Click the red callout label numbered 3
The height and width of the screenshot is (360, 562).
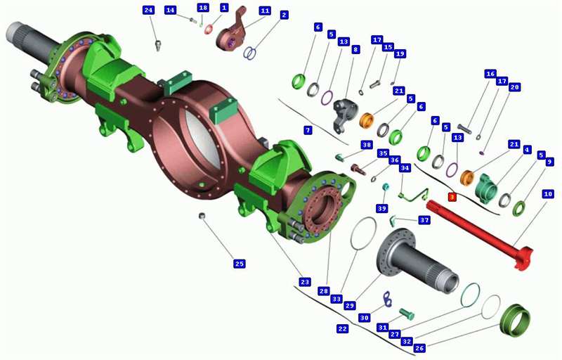point(452,197)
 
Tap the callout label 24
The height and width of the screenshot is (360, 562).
point(148,10)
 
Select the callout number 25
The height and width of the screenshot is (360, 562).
point(239,264)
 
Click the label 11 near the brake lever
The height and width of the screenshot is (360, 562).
point(265,11)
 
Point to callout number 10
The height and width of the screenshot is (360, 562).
point(548,194)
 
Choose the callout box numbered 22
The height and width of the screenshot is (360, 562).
point(343,328)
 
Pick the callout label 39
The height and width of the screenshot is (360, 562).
point(382,208)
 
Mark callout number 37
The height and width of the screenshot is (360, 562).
point(424,220)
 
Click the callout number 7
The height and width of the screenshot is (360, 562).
point(308,130)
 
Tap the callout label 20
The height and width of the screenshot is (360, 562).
point(515,87)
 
